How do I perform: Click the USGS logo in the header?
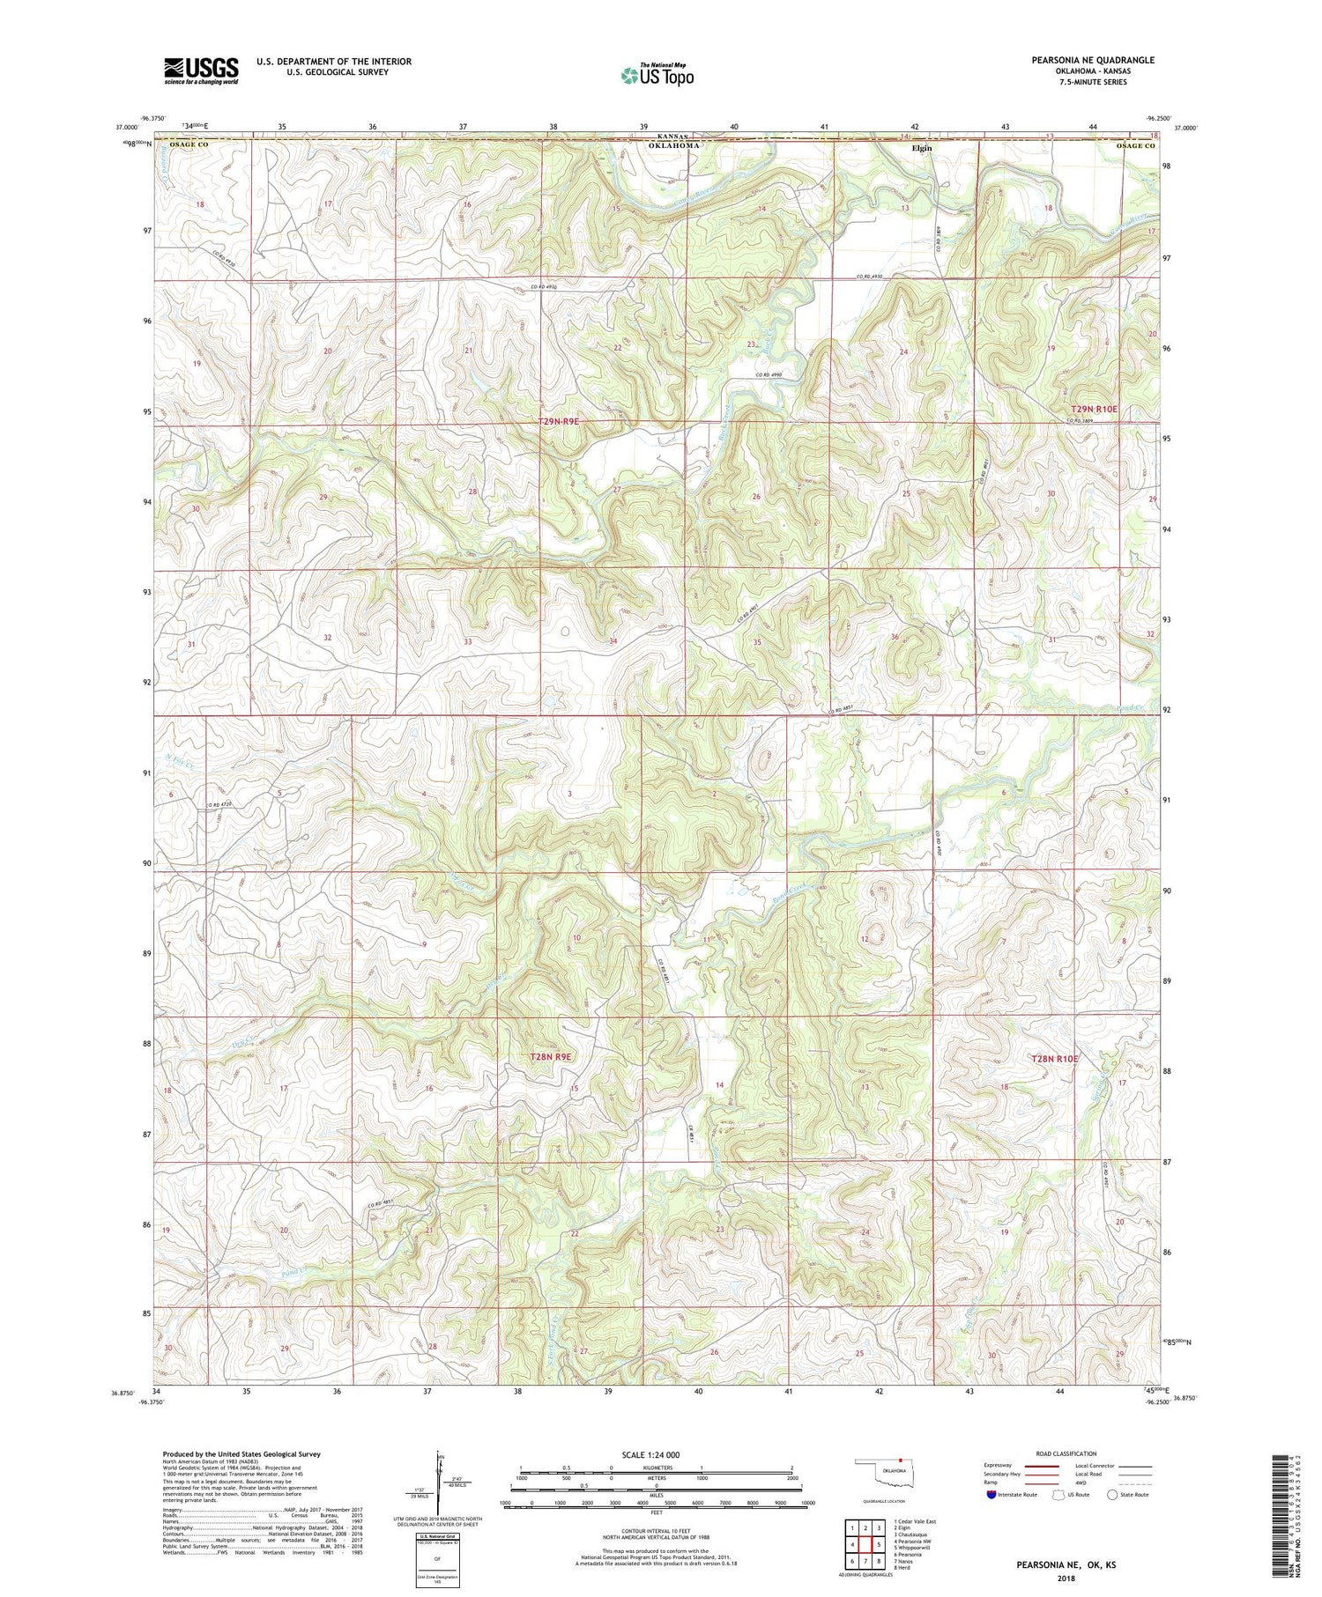coord(201,70)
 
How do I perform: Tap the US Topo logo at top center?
coord(657,76)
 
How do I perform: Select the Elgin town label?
coord(922,148)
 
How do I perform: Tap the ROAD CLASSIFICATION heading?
coord(1066,1453)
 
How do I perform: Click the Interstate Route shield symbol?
coord(991,1495)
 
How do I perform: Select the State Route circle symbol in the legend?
coord(1113,1494)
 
